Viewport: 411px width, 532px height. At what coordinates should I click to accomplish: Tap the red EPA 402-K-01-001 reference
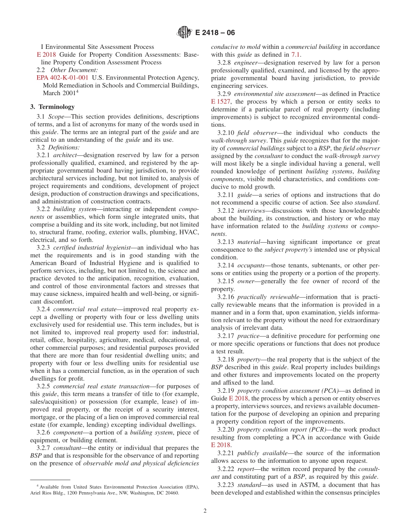pyautogui.click(x=63, y=78)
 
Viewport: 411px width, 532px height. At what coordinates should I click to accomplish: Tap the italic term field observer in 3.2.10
pyautogui.click(x=254, y=133)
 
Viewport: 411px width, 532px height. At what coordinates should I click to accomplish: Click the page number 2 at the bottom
pyautogui.click(x=205, y=510)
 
